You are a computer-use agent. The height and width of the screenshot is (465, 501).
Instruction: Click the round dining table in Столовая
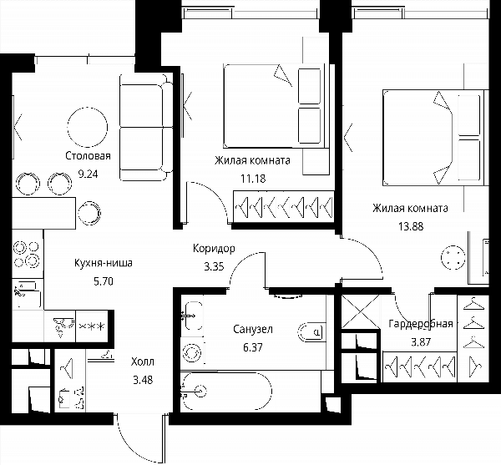[87, 127]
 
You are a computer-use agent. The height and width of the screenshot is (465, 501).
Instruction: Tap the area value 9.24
[88, 174]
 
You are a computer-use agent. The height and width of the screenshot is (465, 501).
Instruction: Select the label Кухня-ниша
[104, 263]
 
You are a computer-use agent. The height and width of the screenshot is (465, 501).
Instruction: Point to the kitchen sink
[28, 294]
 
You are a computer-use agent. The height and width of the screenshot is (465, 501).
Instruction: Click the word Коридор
[214, 249]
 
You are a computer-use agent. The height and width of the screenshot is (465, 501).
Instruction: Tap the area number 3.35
[214, 266]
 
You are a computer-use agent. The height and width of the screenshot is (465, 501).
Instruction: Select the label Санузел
[253, 329]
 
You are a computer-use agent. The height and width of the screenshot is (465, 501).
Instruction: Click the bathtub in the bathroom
[226, 391]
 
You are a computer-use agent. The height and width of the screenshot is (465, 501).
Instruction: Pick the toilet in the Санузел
[311, 332]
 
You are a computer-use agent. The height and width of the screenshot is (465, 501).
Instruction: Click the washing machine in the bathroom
[192, 353]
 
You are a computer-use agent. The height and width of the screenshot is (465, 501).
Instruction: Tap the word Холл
[143, 361]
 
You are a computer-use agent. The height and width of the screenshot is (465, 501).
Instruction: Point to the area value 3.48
[143, 380]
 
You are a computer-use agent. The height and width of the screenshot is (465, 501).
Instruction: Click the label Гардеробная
[421, 324]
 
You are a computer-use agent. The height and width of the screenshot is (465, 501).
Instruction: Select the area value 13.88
[411, 226]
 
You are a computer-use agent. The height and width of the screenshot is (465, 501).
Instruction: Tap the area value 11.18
[253, 179]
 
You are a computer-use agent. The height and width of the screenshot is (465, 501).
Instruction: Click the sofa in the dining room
[145, 128]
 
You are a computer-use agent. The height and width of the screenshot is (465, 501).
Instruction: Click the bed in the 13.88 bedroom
[433, 138]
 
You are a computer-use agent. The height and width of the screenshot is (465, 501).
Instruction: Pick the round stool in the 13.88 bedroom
[453, 257]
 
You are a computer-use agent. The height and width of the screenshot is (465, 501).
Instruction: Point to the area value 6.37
[253, 347]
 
